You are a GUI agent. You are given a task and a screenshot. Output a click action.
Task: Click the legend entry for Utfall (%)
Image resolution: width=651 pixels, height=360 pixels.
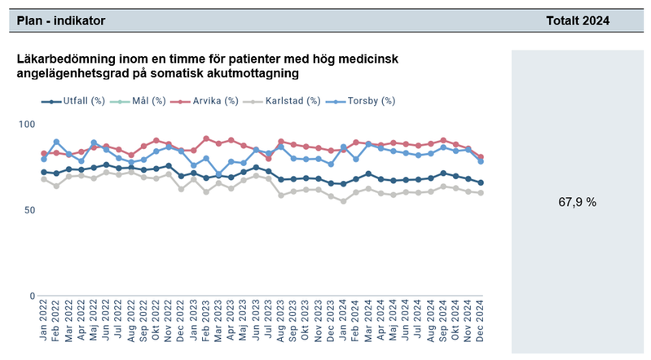79,101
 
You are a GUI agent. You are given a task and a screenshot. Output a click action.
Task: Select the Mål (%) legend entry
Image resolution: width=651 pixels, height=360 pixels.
147,101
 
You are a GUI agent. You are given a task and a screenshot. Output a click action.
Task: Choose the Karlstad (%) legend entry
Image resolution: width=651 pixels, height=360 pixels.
291,101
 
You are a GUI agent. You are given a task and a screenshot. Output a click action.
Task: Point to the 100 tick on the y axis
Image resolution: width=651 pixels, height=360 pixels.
27,124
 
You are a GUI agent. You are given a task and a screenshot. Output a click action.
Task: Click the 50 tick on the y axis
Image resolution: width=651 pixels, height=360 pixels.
30,210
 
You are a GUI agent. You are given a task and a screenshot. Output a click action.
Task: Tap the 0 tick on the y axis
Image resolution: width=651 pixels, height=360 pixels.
33,296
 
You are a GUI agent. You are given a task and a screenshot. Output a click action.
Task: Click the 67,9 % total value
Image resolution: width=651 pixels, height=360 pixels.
579,202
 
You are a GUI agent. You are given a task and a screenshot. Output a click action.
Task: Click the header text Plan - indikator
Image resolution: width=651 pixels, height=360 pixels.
58,20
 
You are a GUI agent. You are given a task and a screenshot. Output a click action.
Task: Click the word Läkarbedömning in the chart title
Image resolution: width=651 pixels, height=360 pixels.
61,59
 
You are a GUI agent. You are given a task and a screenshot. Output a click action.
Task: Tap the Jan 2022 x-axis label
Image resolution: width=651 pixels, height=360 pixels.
44,326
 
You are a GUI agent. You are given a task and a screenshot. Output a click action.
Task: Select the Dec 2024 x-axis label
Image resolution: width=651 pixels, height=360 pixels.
481,326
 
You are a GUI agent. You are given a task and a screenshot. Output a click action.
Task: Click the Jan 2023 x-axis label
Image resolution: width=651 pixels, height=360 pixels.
194,326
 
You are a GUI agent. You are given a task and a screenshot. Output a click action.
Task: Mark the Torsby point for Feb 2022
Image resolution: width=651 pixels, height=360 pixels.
56,142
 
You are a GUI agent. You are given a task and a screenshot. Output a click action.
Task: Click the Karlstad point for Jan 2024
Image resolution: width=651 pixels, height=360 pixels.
344,201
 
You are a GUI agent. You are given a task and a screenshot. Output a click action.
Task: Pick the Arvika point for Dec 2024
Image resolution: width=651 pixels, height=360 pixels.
481,157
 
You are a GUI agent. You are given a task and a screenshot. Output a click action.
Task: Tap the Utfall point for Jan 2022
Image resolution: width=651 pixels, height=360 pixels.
44,172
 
